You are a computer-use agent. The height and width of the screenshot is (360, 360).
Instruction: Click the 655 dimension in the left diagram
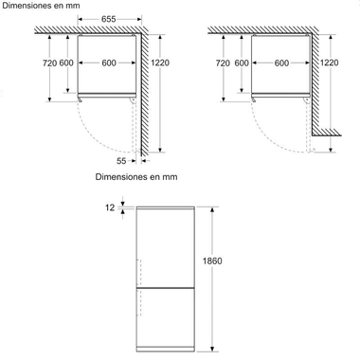(x=108, y=19)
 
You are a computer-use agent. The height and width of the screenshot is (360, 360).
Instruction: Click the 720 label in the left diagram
(x=50, y=63)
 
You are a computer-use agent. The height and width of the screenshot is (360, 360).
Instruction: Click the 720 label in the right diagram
(x=223, y=63)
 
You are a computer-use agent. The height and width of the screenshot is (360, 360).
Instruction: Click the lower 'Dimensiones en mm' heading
(x=135, y=177)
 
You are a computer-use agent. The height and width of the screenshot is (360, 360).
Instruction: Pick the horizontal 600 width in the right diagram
(x=280, y=63)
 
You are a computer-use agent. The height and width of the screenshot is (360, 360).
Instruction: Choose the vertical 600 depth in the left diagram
(x=66, y=63)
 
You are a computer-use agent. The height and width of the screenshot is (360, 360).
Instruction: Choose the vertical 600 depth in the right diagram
(x=242, y=63)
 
